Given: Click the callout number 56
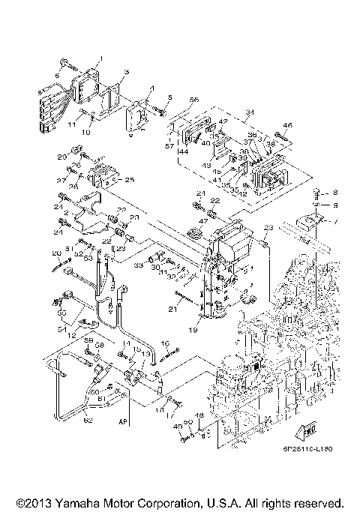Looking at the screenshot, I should point(194,100).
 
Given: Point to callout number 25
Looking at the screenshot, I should point(130,180).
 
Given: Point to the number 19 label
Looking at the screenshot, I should point(194,329).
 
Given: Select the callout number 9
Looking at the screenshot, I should point(335,205).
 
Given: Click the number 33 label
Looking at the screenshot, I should point(139,265).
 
